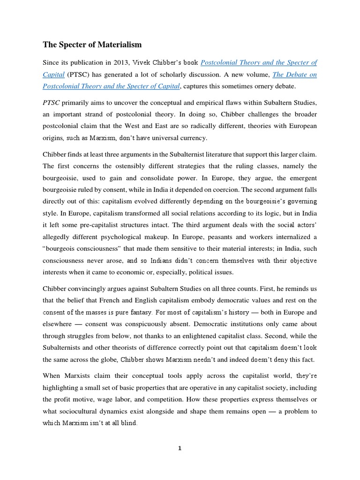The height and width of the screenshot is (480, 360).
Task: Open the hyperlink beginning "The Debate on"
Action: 294,74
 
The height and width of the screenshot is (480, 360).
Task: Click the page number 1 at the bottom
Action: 180,448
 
